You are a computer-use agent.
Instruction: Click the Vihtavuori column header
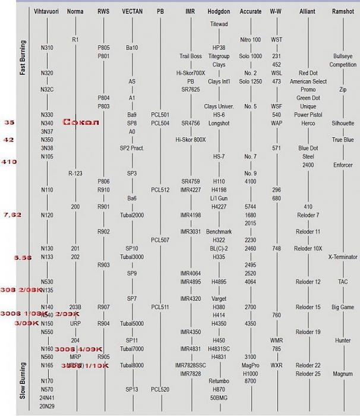tap(47, 11)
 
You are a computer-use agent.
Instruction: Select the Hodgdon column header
tap(219, 11)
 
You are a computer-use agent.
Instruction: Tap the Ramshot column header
tap(343, 11)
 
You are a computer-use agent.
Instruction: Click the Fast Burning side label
tap(23, 58)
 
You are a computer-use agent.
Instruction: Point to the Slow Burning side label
tap(23, 380)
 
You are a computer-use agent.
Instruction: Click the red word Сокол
tap(81, 122)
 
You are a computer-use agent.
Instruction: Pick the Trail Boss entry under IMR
tap(191, 56)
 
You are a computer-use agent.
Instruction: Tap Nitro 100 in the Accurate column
tap(250, 40)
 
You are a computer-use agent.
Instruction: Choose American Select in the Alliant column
tap(308, 81)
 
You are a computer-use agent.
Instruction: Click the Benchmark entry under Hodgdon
tap(219, 232)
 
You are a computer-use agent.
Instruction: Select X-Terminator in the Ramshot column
tap(343, 257)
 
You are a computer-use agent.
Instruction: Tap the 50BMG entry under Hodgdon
tap(219, 398)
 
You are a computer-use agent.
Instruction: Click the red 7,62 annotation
tap(12, 214)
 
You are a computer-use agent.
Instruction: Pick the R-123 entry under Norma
tap(75, 173)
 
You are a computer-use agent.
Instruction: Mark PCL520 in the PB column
tap(160, 389)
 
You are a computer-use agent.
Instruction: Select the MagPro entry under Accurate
tap(250, 365)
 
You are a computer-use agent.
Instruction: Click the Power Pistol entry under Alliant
tap(308, 115)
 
